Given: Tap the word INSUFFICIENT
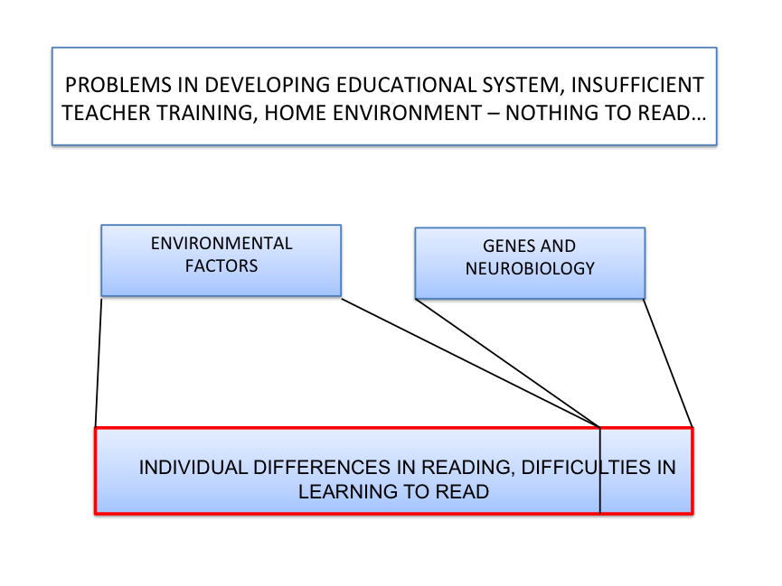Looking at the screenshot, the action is [637, 85].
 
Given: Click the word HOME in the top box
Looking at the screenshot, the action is [296, 113].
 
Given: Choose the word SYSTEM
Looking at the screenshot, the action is [523, 86].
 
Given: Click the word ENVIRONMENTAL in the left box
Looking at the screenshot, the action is [221, 244].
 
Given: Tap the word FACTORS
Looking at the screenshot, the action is [221, 266].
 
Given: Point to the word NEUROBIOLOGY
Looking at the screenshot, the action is [530, 268].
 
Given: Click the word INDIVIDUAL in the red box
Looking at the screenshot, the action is [193, 468].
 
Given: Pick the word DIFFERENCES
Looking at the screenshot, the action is [322, 468].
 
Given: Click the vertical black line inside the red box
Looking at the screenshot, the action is [600, 470].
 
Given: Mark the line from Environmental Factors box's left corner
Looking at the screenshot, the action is [99, 363].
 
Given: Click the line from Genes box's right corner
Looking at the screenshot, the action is [668, 363].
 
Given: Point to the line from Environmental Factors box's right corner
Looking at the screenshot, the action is [470, 363].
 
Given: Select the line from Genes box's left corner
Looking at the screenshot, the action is [507, 363].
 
